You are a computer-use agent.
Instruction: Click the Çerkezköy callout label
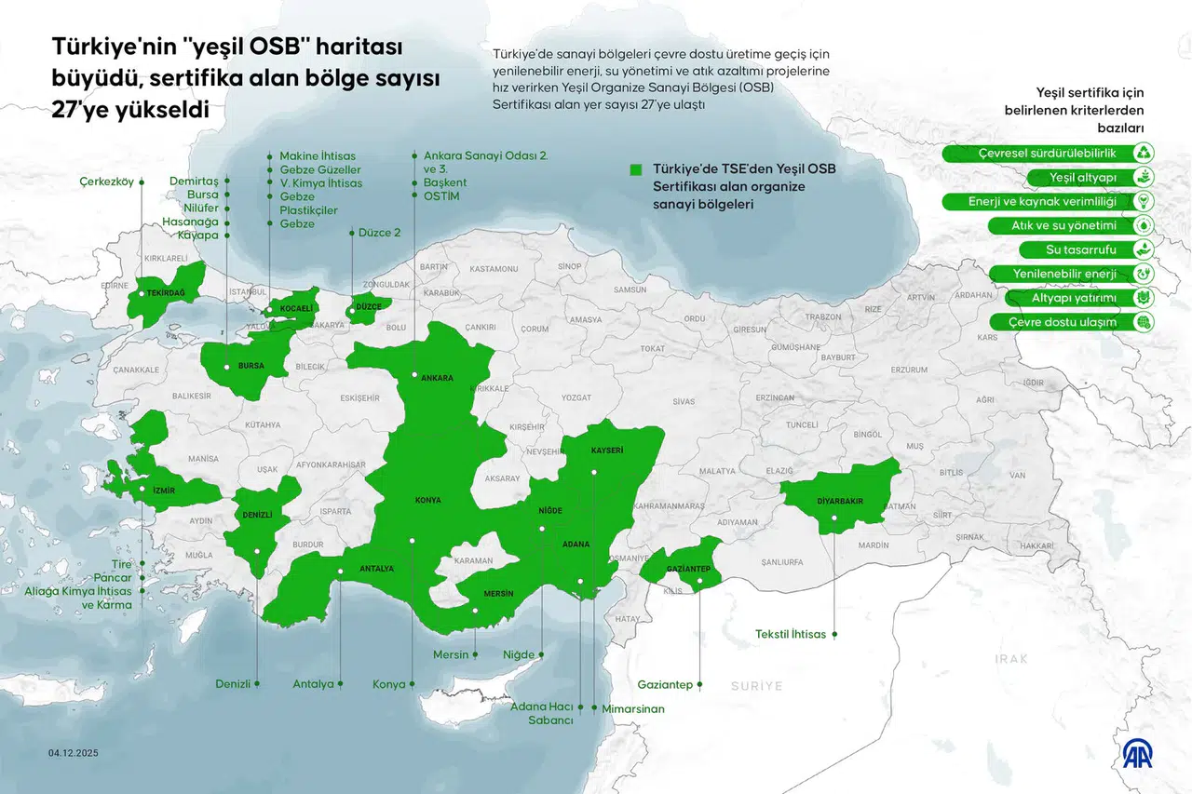pos(106,182)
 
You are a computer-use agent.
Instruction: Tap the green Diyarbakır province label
pos(840,501)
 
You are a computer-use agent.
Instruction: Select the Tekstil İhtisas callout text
pos(791,634)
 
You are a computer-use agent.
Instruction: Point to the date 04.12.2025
pos(74,753)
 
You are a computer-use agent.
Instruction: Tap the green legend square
pos(636,169)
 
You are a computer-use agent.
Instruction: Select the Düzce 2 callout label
pos(379,233)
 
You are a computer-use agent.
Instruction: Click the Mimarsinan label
pos(633,708)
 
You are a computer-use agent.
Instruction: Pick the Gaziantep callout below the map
pos(665,684)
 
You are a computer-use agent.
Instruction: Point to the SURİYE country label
pos(756,685)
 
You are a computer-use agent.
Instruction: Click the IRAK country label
pos(1010,658)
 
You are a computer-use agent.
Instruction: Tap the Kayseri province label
pos(607,451)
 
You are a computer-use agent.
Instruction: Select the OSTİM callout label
pos(442,196)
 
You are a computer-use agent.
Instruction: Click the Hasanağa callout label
pos(190,222)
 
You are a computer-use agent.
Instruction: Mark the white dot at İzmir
pos(142,489)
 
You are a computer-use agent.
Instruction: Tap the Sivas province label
pos(684,401)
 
